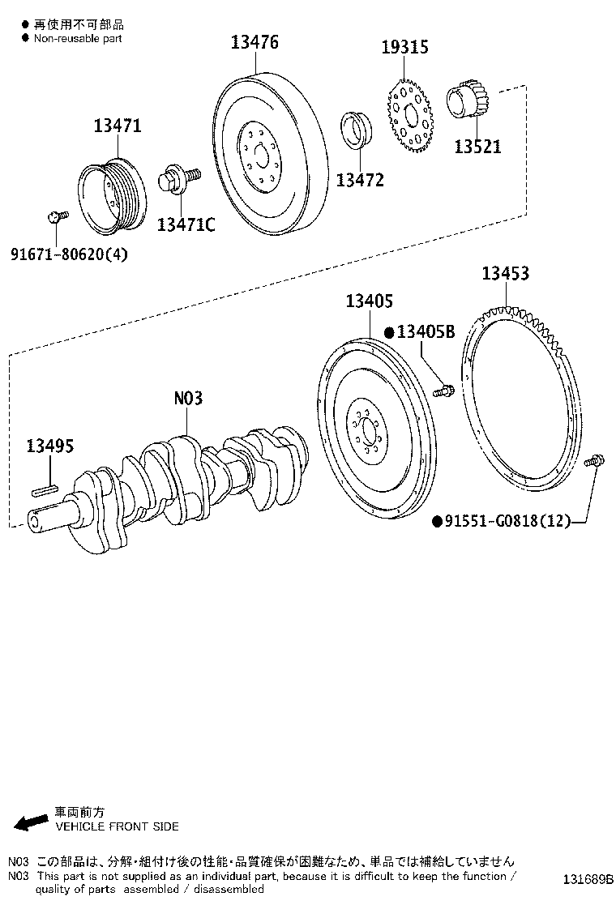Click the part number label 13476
coord(255,43)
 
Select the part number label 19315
coord(404,48)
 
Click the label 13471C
coord(186,224)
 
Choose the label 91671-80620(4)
coord(69,254)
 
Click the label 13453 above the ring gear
coord(505,274)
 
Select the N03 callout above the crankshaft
coord(188,399)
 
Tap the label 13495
coord(49,446)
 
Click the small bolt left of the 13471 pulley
coord(55,216)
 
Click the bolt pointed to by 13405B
coord(443,391)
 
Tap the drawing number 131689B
coord(584,879)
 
